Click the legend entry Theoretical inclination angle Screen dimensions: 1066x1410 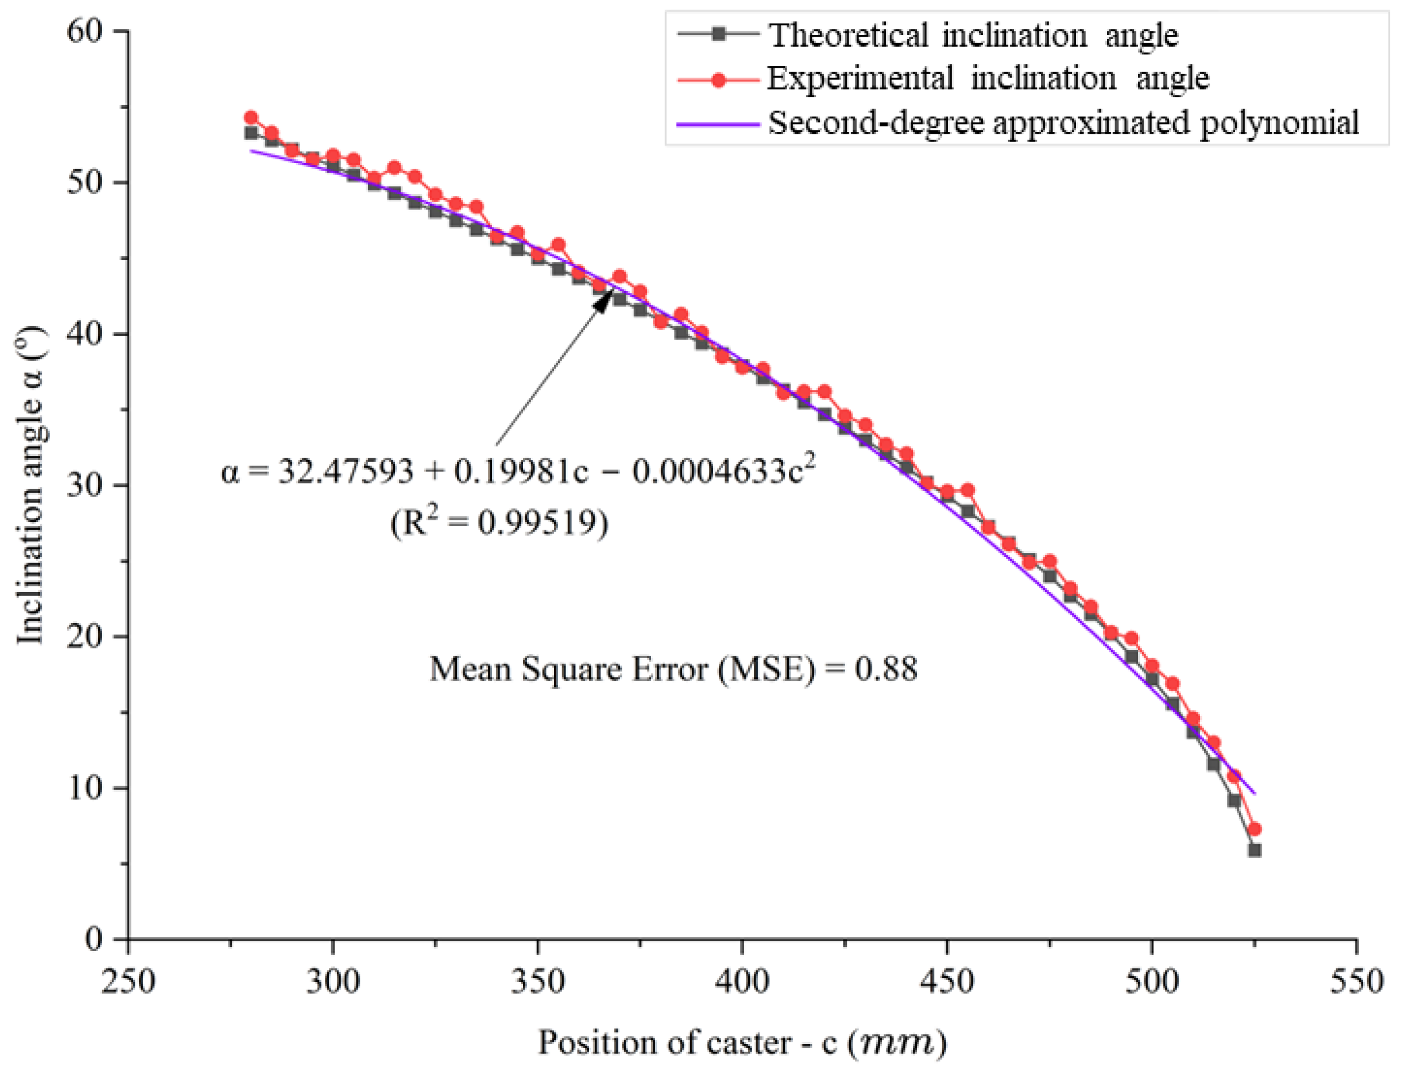point(973,35)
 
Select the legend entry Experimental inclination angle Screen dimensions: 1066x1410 point(987,79)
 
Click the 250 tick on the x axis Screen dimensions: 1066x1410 point(128,981)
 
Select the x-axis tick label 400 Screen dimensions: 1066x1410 point(742,981)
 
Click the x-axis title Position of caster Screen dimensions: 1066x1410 point(742,1043)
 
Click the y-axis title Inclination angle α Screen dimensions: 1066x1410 point(30,485)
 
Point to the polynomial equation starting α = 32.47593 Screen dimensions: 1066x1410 point(517,472)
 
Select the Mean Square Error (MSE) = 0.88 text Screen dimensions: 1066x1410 point(673,669)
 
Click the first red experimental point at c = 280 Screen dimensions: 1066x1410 point(251,118)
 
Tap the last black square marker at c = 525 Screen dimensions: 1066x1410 point(1254,850)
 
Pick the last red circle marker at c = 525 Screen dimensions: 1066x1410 point(1254,830)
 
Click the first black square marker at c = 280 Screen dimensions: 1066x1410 point(251,133)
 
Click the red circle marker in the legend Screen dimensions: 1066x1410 point(718,80)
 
